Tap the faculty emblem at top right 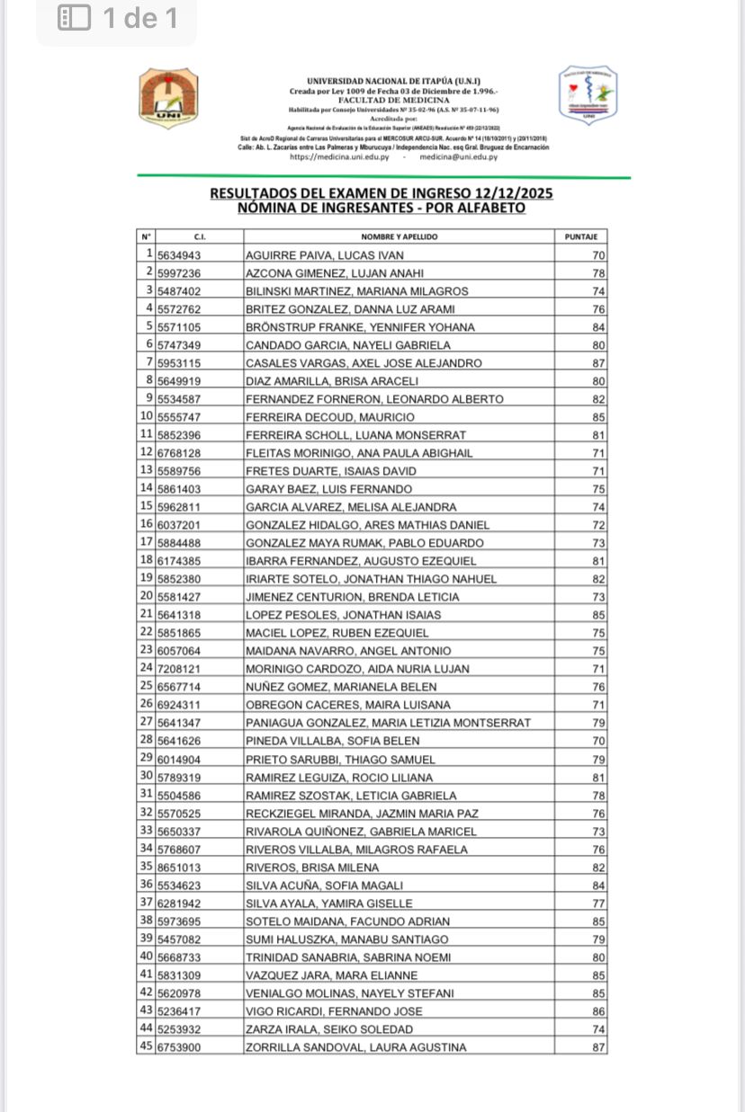(588, 93)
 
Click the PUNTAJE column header (580, 236)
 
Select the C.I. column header (200, 236)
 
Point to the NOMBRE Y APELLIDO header (399, 236)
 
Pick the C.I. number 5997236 (179, 273)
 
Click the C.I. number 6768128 (179, 453)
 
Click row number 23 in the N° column (146, 650)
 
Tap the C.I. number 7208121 (179, 669)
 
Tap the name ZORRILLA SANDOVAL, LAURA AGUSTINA (356, 1047)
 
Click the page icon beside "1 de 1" (74, 18)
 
